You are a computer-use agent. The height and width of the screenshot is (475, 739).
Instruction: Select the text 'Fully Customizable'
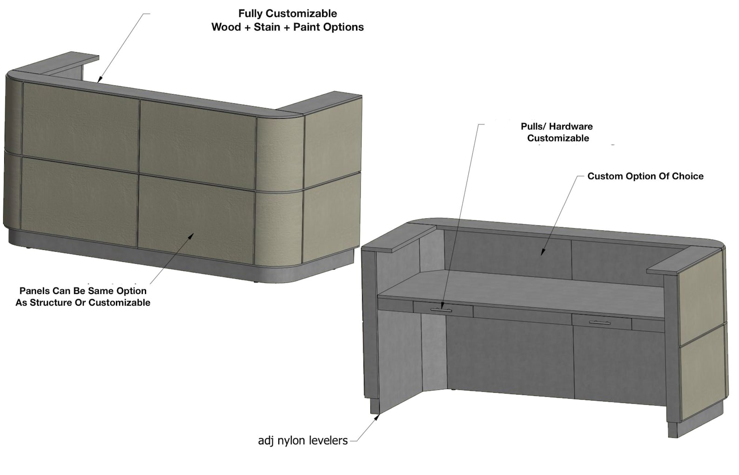click(x=288, y=13)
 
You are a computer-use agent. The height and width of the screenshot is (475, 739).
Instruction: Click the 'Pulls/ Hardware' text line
click(x=557, y=127)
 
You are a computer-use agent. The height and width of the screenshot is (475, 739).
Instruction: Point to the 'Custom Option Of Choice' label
click(x=645, y=176)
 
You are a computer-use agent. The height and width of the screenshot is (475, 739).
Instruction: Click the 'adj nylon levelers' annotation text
click(x=303, y=441)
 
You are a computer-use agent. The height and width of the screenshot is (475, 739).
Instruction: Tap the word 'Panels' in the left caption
click(x=34, y=291)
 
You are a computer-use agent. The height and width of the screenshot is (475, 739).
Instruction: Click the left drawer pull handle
click(x=442, y=310)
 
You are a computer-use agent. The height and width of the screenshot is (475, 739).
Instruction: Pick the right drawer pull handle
click(x=600, y=323)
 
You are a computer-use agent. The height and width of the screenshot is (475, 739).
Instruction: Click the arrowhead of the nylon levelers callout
click(x=378, y=417)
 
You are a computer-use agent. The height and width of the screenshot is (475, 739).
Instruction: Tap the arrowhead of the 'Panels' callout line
click(x=191, y=236)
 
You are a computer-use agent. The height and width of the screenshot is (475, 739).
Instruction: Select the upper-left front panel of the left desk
click(x=81, y=127)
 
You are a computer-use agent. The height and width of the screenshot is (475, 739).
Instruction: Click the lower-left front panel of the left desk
click(x=79, y=201)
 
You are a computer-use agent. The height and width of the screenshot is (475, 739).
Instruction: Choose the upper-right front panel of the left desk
click(x=198, y=145)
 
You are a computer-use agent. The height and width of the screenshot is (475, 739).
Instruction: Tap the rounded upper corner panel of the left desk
click(x=280, y=154)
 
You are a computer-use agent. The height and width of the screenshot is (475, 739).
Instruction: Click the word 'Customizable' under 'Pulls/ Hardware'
click(x=558, y=138)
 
